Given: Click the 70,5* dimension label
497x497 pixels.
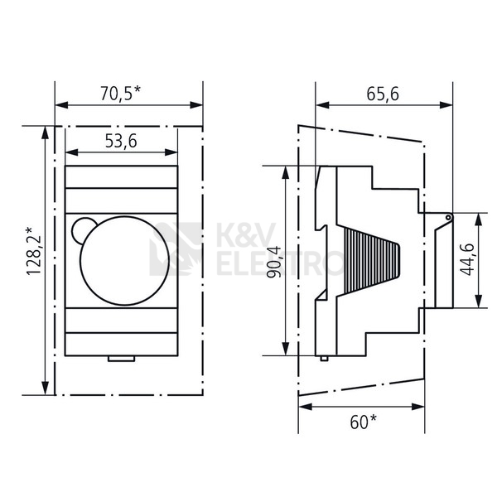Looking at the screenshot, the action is tap(120, 93).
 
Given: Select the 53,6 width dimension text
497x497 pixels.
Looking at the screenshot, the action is tap(121, 141).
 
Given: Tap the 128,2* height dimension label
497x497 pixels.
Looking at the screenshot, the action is tap(34, 251).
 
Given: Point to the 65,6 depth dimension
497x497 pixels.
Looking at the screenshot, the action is tap(383, 94).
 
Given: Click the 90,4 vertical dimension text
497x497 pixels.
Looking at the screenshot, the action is tap(273, 262).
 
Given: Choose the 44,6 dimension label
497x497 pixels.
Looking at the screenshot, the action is tap(467, 259).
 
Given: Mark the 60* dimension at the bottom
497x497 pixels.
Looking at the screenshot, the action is tap(364, 422).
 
